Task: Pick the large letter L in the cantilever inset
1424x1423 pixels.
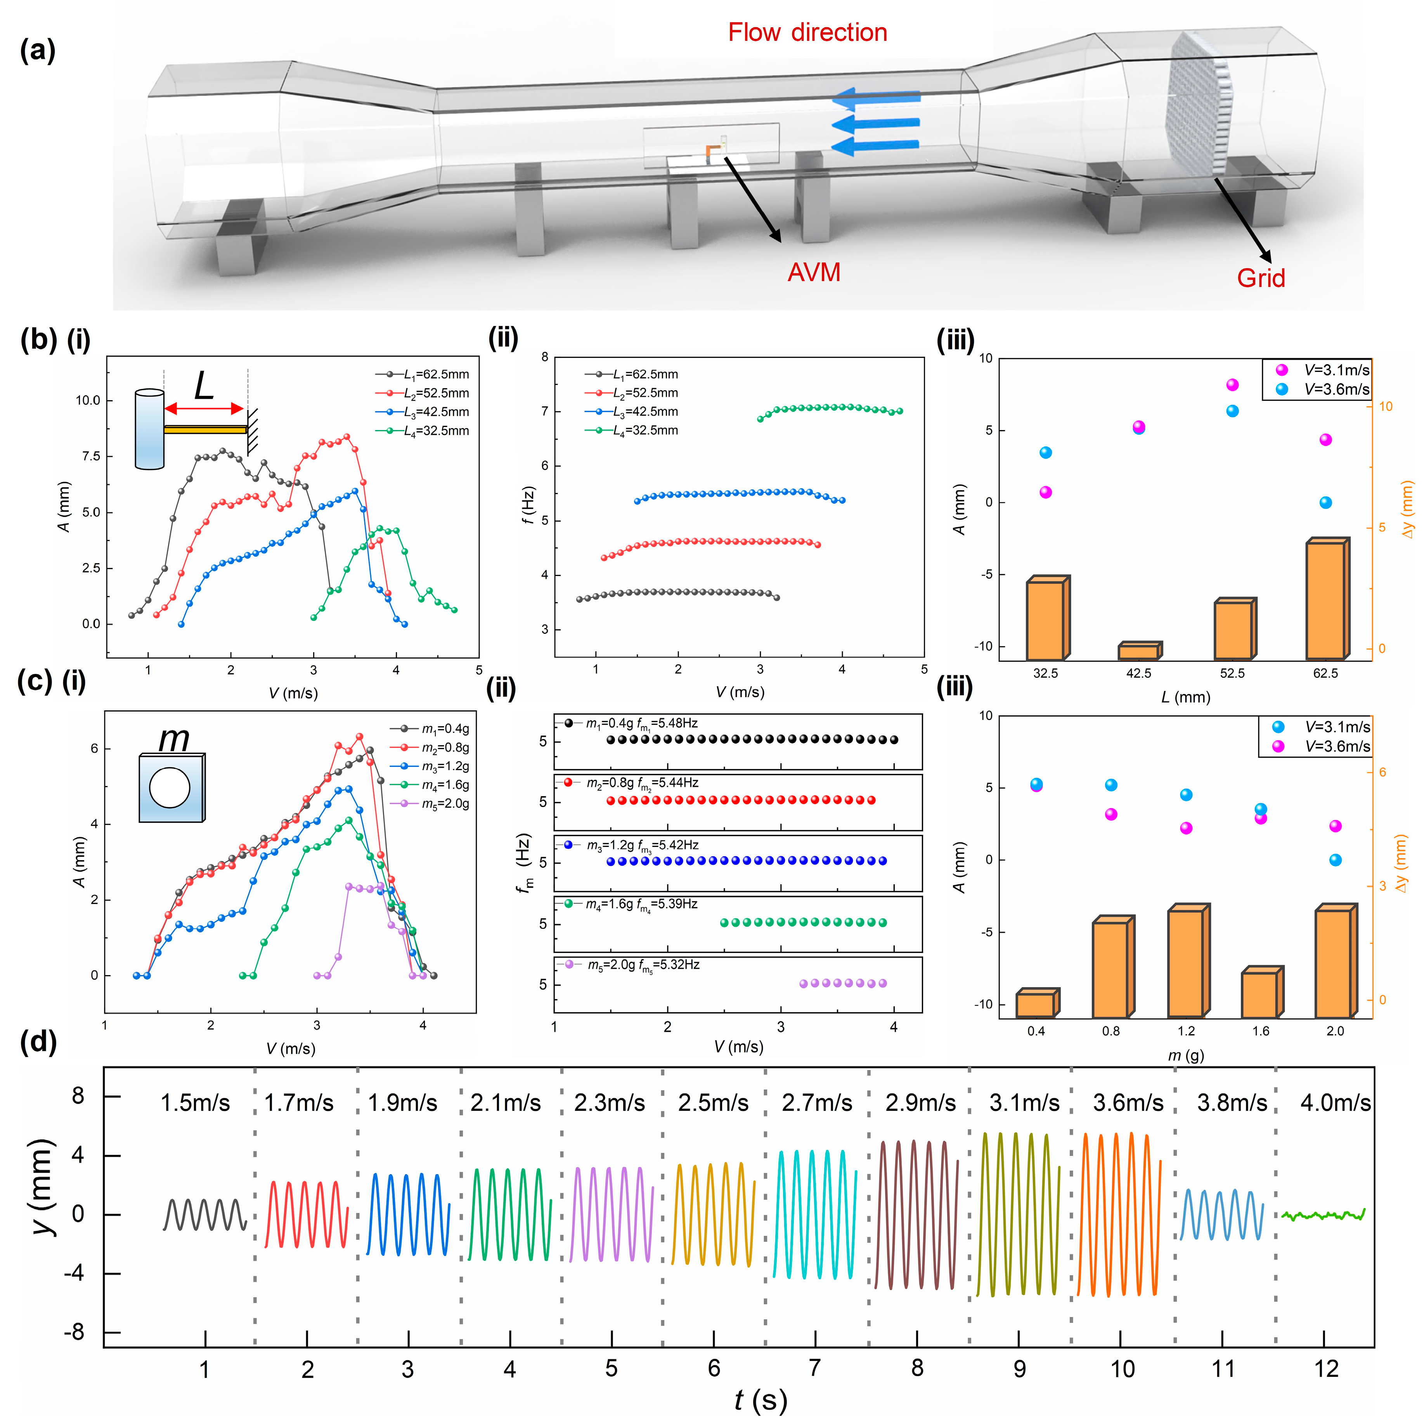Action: pyautogui.click(x=203, y=385)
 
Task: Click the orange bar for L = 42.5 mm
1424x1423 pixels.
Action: pyautogui.click(x=1139, y=651)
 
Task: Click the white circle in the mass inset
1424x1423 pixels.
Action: pyautogui.click(x=170, y=788)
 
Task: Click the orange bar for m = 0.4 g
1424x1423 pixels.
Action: pyautogui.click(x=1036, y=1004)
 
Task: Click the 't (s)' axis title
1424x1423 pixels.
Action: pyautogui.click(x=761, y=1399)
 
